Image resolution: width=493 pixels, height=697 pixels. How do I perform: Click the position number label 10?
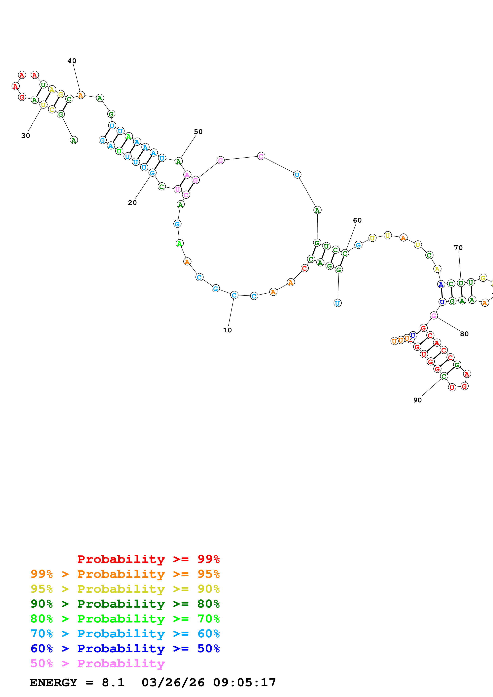227,330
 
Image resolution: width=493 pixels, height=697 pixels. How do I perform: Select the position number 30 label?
25,136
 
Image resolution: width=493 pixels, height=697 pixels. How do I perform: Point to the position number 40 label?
72,61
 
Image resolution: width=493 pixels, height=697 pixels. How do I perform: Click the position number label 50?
198,132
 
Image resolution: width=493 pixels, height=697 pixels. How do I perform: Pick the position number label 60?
357,220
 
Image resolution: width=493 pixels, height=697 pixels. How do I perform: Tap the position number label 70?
458,248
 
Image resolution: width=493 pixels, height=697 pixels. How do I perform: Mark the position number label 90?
417,400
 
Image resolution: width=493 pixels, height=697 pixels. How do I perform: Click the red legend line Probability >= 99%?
148,559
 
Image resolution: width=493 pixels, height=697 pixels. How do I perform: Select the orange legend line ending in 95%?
125,574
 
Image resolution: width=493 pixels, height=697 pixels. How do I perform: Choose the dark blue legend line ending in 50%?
125,649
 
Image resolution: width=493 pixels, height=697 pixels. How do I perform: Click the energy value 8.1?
113,682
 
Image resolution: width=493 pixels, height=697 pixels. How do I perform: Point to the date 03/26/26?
173,682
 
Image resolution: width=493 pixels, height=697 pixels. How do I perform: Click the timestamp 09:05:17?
245,682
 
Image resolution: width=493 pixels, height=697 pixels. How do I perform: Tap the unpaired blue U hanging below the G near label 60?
337,303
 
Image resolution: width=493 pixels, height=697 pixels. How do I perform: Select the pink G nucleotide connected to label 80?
434,316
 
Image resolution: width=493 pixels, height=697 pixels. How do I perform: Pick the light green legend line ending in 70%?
125,619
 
